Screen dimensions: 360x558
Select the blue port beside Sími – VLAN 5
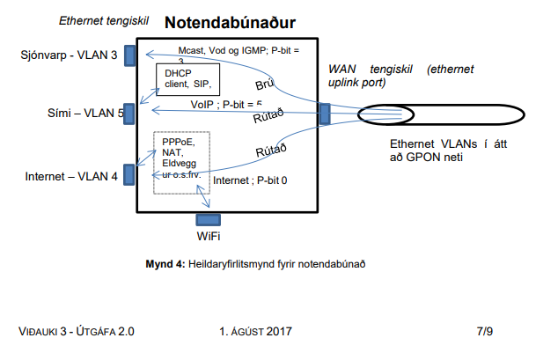(128, 114)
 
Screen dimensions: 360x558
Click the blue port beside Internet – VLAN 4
(128, 176)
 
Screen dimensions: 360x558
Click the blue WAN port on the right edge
(324, 114)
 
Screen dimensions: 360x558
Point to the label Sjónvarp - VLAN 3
(68, 56)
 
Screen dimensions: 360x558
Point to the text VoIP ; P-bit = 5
(218, 103)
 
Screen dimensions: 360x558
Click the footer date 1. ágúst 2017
(257, 332)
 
